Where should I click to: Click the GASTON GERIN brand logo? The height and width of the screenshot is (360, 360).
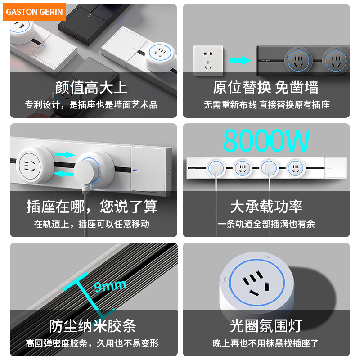point(35,12)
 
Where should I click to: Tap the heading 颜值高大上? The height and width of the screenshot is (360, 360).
point(91,87)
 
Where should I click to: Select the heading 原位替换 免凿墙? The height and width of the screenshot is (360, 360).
point(265,87)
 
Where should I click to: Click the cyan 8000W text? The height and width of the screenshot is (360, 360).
point(266,141)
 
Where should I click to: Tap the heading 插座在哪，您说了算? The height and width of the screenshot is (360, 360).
point(92,207)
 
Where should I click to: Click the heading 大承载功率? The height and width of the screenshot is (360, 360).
point(266,207)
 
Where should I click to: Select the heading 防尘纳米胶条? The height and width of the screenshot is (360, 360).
point(92,326)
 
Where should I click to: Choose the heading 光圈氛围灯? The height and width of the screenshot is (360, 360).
point(266,326)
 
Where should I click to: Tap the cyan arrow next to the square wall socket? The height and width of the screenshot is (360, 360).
point(239,60)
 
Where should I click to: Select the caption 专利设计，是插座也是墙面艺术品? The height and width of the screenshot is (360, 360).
point(91,105)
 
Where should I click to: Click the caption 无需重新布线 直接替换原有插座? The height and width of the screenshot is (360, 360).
point(266,105)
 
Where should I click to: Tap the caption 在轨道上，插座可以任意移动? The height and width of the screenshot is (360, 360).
point(91,224)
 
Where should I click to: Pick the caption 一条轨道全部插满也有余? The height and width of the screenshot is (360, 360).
point(266,224)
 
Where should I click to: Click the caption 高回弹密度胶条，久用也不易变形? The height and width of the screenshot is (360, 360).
point(92,343)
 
